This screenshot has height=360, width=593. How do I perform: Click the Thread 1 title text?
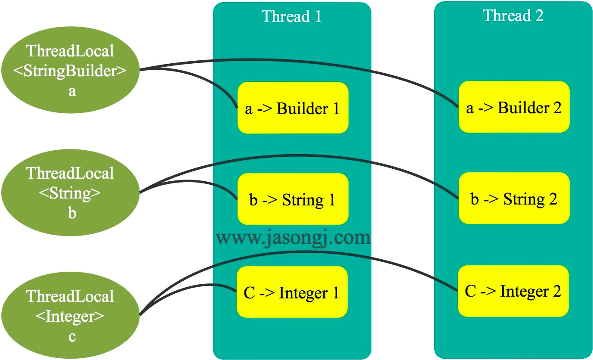coord(292,16)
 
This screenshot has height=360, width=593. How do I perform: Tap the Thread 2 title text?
coord(513,16)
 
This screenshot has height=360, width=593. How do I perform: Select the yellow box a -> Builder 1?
coord(293,108)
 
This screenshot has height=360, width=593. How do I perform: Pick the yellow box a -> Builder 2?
coord(514,107)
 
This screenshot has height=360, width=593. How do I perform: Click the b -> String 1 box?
coord(293,199)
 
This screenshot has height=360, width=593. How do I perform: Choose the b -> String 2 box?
coord(514,199)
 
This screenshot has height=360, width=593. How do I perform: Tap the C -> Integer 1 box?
coord(292,292)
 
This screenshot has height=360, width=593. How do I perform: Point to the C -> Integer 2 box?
coord(513,292)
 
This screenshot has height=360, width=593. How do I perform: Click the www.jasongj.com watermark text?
coord(293,238)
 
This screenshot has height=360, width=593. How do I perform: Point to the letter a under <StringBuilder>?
coord(72,91)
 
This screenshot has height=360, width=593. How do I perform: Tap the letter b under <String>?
coord(72,213)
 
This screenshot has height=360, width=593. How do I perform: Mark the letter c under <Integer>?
coord(72,336)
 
